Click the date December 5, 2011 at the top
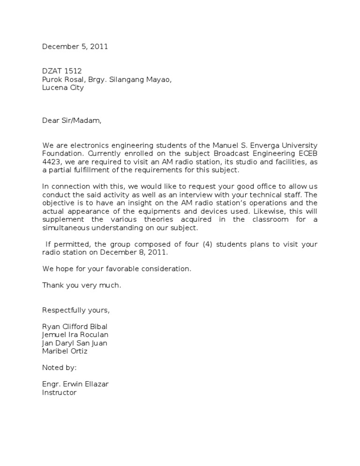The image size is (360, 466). click(75, 46)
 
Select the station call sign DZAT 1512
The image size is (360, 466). click(62, 71)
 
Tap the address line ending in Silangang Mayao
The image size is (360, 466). click(107, 80)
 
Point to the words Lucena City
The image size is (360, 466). click(63, 88)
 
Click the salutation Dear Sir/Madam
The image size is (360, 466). click(72, 120)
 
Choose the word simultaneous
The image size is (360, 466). click(70, 228)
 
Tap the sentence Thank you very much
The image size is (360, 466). click(82, 285)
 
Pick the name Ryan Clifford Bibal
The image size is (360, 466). click(77, 326)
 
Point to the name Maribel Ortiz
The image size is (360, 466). click(65, 351)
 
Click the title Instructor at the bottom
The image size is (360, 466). click(59, 392)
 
